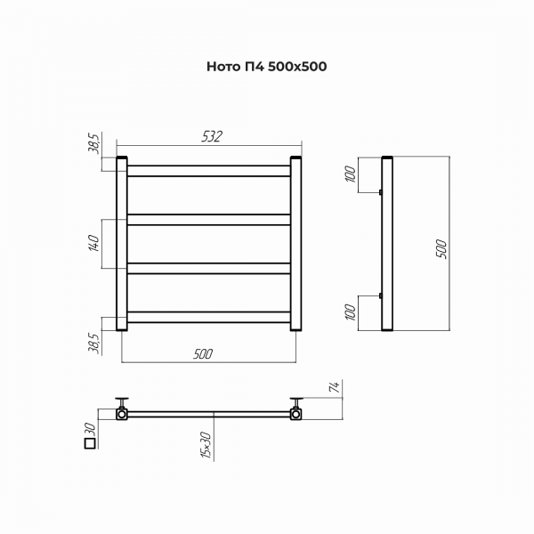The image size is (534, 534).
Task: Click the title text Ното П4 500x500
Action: [x=267, y=67]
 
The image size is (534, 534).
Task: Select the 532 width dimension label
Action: [x=212, y=136]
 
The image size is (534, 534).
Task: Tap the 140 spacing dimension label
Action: [x=93, y=243]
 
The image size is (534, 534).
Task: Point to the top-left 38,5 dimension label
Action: [x=93, y=143]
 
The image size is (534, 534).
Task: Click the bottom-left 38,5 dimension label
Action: [x=93, y=344]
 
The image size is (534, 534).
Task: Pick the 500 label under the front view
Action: [x=203, y=354]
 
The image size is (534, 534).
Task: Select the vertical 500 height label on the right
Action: [x=441, y=249]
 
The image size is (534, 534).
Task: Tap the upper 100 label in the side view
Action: [x=351, y=174]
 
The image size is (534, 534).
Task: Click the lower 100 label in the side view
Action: [x=351, y=312]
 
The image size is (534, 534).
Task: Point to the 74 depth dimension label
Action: [x=336, y=387]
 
